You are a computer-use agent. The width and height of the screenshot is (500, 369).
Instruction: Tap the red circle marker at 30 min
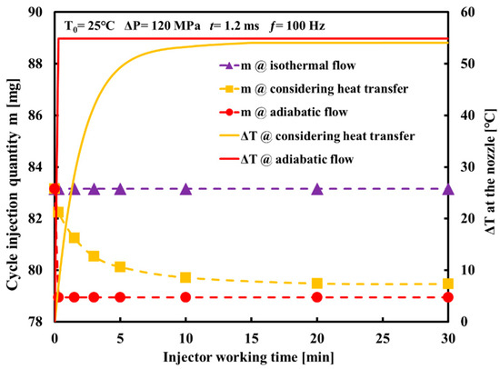447,297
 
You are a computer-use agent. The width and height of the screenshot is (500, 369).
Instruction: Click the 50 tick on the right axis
468,65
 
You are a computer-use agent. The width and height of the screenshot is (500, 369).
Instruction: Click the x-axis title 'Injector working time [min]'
250,354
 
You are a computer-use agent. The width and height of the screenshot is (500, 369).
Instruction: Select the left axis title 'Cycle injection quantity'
13,164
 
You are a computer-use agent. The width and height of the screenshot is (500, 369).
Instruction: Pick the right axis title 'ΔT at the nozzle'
488,173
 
